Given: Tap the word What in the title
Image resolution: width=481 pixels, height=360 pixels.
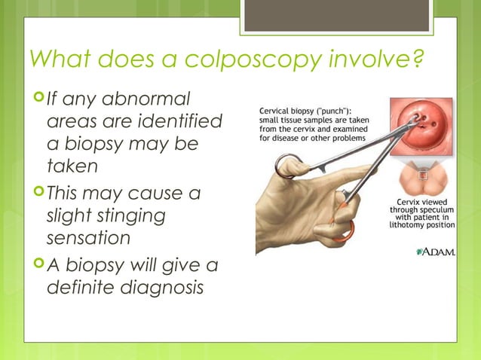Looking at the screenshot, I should coord(55,59).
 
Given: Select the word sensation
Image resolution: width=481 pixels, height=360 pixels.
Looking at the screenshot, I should coord(88,238).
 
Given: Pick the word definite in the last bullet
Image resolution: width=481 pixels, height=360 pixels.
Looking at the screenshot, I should coord(81,288).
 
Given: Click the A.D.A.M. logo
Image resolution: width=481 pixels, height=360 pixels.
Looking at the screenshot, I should coord(435,251).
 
